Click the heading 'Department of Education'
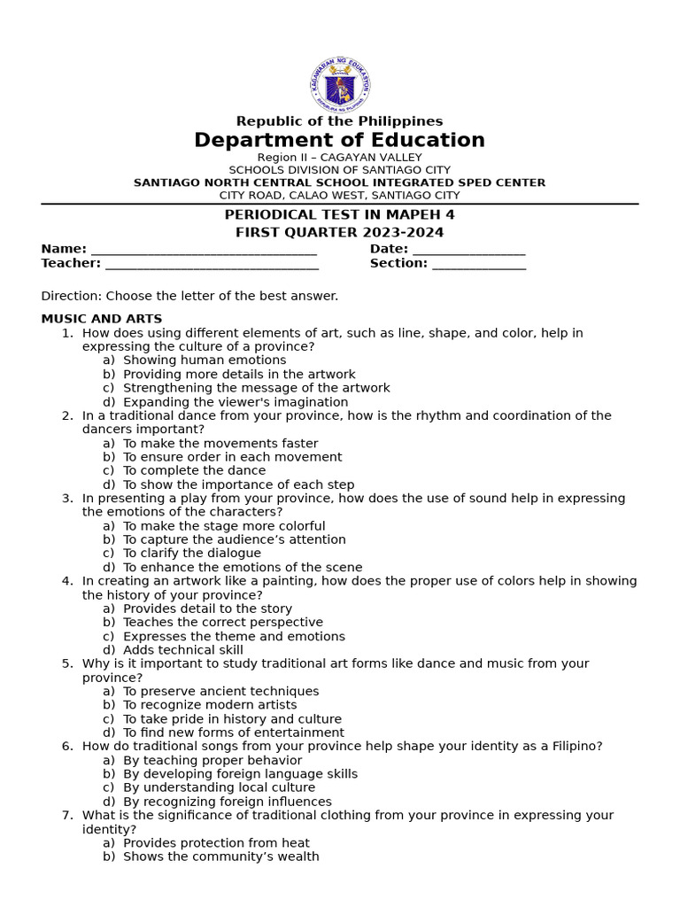339,140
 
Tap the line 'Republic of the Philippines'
339,121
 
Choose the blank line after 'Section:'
479,265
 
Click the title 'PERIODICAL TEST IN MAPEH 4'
339,214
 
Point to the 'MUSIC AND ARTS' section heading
102,319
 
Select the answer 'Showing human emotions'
205,360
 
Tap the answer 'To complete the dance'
194,470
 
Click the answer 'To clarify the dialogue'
192,553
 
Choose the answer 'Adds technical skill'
183,649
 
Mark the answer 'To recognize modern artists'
210,705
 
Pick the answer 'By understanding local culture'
219,787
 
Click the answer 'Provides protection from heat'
216,843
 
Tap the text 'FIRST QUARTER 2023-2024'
339,232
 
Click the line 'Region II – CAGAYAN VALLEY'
339,158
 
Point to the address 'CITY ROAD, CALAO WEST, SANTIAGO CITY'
339,195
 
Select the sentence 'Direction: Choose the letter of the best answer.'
189,296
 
